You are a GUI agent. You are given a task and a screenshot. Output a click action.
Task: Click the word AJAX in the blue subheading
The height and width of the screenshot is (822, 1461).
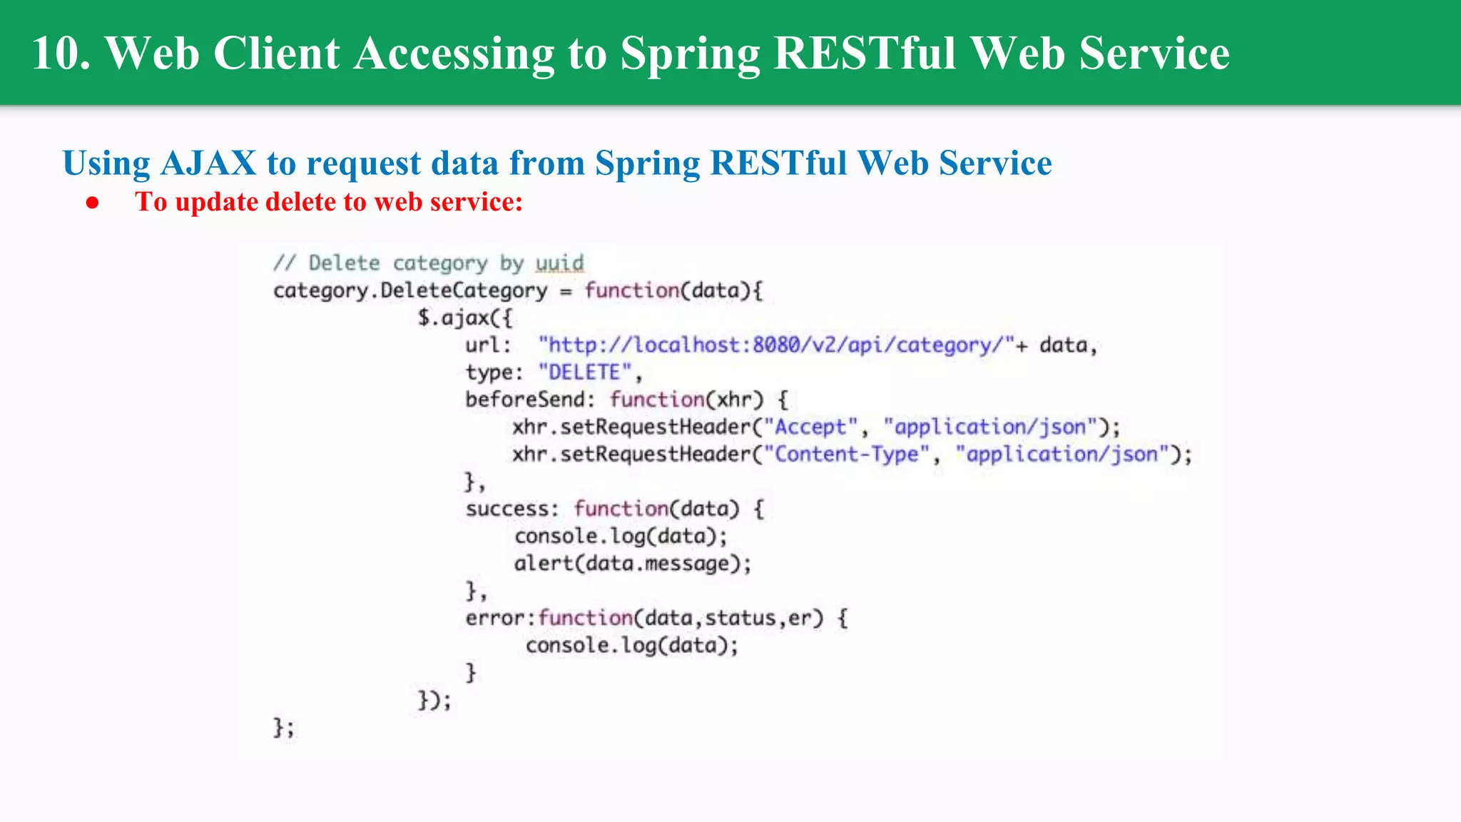click(x=208, y=163)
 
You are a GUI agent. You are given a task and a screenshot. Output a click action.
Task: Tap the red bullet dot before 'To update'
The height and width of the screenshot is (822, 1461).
click(x=92, y=203)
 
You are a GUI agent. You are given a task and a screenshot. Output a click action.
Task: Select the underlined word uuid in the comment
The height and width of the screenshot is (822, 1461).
click(x=560, y=263)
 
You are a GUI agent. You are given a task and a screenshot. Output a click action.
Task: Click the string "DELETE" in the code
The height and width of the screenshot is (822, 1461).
click(x=586, y=372)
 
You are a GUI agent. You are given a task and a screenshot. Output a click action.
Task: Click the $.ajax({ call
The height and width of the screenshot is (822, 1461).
click(x=464, y=318)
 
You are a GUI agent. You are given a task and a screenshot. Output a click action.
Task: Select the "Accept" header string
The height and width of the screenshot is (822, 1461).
click(x=810, y=427)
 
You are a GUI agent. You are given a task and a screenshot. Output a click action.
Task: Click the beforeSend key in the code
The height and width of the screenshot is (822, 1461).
click(x=527, y=400)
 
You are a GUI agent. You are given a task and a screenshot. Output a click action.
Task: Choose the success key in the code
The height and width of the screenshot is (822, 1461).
click(x=507, y=509)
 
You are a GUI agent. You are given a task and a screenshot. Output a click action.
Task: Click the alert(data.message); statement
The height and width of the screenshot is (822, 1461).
click(x=633, y=564)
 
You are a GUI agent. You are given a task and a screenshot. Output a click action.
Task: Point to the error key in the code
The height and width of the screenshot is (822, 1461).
click(x=496, y=618)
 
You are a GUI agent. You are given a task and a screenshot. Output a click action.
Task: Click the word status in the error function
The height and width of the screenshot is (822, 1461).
click(x=740, y=618)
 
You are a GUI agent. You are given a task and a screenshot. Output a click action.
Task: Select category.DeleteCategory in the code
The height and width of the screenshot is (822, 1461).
click(x=410, y=291)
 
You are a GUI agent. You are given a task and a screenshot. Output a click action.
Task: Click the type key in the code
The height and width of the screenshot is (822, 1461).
click(x=490, y=372)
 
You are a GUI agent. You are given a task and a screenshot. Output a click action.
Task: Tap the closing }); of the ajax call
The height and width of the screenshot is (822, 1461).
click(x=434, y=700)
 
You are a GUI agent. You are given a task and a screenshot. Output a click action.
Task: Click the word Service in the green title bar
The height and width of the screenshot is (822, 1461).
click(x=1154, y=54)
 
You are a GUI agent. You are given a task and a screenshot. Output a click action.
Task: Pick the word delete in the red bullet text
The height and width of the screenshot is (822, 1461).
click(x=300, y=202)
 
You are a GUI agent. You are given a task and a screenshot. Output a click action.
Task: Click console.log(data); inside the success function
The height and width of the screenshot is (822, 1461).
click(x=621, y=537)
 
